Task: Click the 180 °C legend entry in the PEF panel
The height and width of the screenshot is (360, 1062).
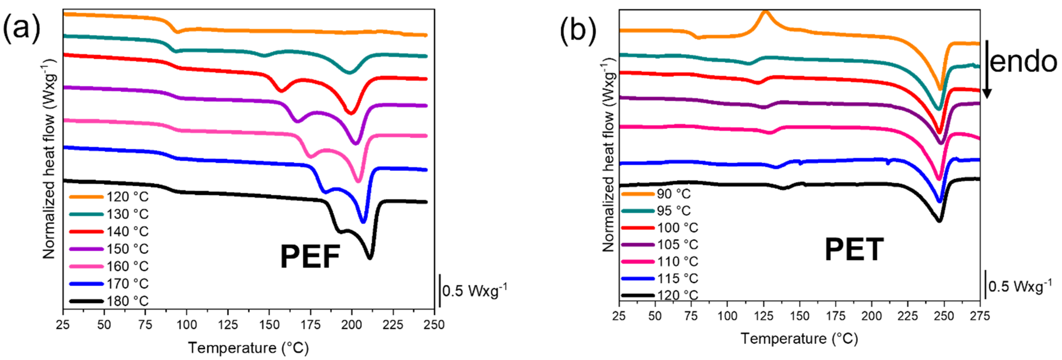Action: pos(109,301)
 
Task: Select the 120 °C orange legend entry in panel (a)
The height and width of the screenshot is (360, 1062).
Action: pos(109,197)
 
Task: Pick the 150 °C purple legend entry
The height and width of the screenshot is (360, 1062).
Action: pos(109,249)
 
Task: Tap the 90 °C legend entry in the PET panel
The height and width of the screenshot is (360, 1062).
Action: pos(656,194)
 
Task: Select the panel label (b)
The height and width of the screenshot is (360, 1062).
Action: pos(578,30)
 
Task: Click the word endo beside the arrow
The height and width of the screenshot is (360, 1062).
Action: pos(1023,62)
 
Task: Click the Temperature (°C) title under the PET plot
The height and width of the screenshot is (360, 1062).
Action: pos(799,339)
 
